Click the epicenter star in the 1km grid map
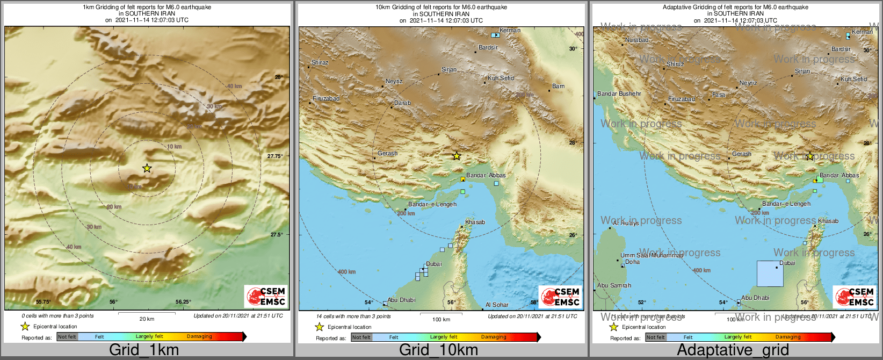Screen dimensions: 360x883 point(147,169)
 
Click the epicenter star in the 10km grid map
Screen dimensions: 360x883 point(456,156)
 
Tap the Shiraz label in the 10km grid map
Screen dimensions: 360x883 point(320,63)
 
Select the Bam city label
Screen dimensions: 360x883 point(558,87)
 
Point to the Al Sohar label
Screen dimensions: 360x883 point(497,305)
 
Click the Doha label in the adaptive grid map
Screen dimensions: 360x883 point(632,262)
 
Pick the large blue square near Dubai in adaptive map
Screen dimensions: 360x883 point(770,273)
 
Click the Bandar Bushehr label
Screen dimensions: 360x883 point(619,94)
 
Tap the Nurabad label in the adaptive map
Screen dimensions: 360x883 point(636,40)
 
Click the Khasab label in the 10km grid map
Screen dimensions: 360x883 point(475,222)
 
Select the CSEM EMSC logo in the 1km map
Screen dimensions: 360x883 point(266,296)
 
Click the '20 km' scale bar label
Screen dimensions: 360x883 point(147,319)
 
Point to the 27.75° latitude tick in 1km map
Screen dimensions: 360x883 point(274,156)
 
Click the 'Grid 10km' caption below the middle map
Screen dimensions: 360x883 point(438,350)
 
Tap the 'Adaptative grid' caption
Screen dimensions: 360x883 point(733,350)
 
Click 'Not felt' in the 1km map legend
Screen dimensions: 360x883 point(67,337)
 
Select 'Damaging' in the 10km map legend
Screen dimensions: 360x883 point(493,337)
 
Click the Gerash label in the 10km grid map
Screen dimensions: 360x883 point(387,154)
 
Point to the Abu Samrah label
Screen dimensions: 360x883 point(614,286)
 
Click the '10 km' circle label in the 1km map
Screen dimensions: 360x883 point(174,147)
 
